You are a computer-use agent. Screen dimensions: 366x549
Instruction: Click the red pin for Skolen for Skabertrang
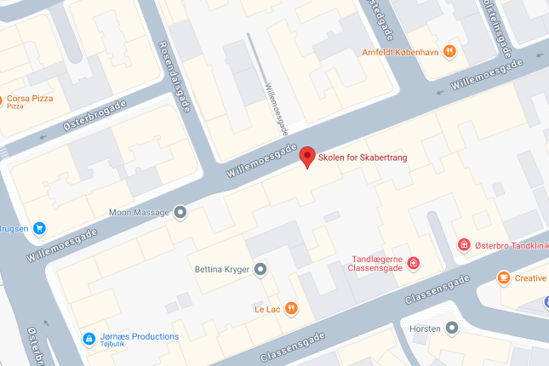(308, 157)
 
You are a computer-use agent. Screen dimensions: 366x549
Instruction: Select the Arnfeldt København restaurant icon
(450, 51)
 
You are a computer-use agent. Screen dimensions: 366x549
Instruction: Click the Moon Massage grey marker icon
(180, 212)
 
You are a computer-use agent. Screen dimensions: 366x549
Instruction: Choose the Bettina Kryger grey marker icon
(261, 270)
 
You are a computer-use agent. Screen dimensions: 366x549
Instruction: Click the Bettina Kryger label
(220, 270)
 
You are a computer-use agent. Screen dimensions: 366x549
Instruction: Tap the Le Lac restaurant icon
(291, 308)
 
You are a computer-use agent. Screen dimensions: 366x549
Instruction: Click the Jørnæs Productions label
(137, 336)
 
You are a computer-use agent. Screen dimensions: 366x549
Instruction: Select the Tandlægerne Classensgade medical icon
(414, 263)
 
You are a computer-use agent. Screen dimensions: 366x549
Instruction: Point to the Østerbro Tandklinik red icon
(464, 246)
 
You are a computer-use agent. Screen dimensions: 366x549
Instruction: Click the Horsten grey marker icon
(452, 328)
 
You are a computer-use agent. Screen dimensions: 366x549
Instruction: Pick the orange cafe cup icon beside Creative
(504, 277)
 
